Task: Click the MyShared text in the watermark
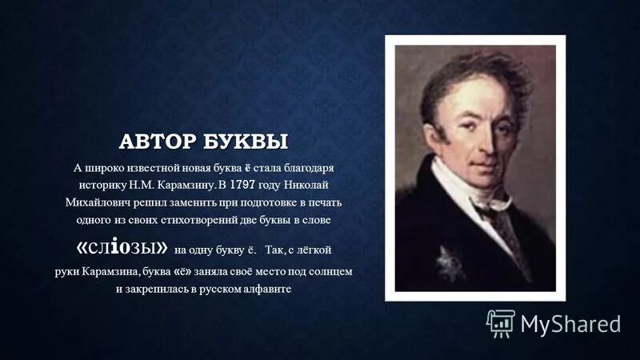[x=571, y=323]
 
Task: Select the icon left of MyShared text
[x=501, y=322]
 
